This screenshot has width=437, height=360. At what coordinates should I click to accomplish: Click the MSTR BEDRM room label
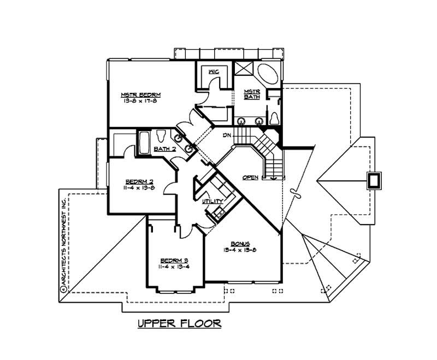coord(137,95)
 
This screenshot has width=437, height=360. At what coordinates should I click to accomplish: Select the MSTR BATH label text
coord(251,95)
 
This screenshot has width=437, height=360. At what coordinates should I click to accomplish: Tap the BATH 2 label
coord(164,149)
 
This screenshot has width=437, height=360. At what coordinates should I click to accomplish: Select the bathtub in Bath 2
coord(144,141)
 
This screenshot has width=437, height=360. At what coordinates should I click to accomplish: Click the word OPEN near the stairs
coord(251,178)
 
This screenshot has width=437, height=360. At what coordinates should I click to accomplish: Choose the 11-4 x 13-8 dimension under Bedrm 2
coord(138,187)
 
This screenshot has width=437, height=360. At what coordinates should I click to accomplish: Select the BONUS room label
coord(240,243)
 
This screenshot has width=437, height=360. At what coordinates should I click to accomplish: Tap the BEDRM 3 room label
coord(174,260)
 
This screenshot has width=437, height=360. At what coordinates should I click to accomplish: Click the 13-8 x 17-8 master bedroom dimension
coord(137,101)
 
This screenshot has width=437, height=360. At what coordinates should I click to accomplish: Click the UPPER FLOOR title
coord(179,323)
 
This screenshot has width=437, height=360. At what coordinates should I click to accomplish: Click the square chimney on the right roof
coord(374,180)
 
